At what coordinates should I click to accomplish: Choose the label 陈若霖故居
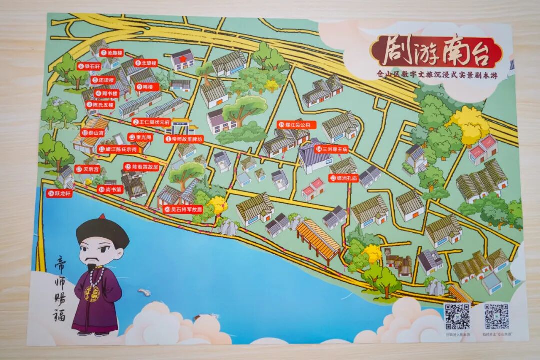tap(142, 167)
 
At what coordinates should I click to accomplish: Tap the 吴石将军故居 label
tap(183, 210)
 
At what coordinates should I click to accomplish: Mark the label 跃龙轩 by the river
tap(60, 194)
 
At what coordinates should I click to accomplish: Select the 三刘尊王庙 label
tap(331, 149)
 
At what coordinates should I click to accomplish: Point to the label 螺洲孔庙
tap(344, 177)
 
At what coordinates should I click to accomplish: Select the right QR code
tap(496, 316)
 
